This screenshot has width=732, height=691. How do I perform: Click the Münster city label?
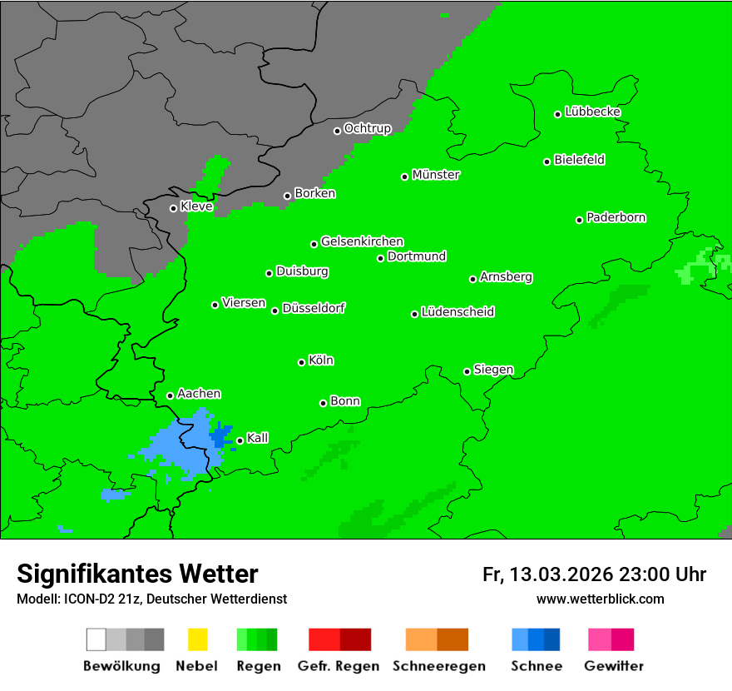tap(436, 175)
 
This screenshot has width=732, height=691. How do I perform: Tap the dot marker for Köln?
tap(301, 362)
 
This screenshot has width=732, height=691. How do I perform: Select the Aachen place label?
tap(199, 394)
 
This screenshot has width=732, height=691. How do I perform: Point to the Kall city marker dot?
tap(240, 440)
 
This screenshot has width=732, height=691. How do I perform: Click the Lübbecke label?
tap(592, 112)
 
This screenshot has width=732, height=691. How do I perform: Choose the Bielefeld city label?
tap(579, 160)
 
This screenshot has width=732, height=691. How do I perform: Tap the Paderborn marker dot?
tap(579, 220)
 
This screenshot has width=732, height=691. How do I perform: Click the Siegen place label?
tap(493, 370)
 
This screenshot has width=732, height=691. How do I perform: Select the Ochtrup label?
tap(367, 128)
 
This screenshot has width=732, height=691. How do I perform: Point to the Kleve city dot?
tap(173, 208)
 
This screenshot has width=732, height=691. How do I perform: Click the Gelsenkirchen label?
tap(362, 241)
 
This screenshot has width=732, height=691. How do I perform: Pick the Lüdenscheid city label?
tap(457, 312)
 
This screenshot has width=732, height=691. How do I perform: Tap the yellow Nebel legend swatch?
tap(197, 639)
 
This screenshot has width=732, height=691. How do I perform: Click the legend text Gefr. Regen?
tap(339, 666)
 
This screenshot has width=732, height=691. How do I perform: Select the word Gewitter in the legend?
tap(614, 666)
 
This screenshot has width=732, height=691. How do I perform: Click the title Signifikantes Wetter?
tap(137, 574)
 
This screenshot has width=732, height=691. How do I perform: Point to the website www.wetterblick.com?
tap(600, 599)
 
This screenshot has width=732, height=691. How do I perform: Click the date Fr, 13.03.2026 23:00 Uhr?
tap(594, 574)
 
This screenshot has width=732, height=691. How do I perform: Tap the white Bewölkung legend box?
tap(96, 639)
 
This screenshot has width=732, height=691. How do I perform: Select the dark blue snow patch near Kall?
tap(221, 434)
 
